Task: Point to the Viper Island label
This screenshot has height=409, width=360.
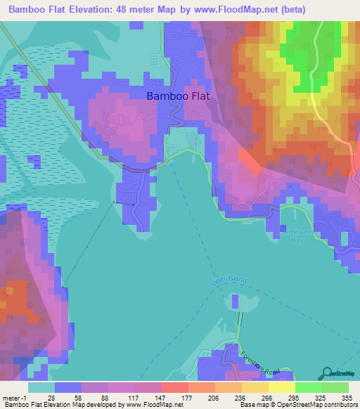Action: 229,280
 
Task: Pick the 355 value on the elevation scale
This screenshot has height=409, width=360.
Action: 346,397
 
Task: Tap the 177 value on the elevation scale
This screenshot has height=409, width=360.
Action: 185,397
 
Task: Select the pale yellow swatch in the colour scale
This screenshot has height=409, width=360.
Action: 281,387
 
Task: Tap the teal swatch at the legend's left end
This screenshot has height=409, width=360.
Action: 41,387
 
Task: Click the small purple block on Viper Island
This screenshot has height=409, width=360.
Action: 233,303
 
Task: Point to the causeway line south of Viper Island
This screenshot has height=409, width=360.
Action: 240,330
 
